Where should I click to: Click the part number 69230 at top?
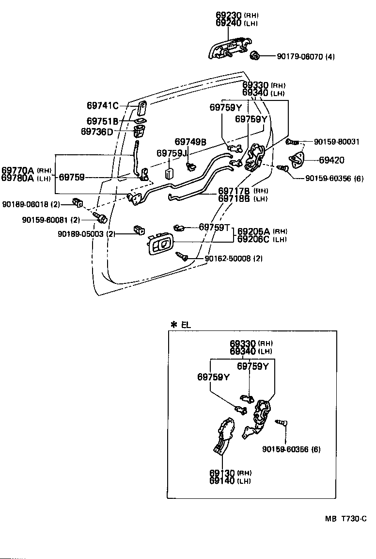(x=228, y=16)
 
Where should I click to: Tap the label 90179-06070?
(x=300, y=57)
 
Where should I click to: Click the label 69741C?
(x=103, y=105)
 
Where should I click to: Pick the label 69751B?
(x=103, y=121)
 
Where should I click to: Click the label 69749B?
(x=190, y=142)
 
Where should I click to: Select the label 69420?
(x=332, y=161)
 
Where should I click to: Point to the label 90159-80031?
(x=337, y=142)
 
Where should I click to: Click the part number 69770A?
(x=17, y=170)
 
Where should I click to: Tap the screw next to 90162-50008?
(x=183, y=255)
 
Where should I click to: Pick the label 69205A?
(x=254, y=231)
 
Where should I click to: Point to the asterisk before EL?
(x=173, y=325)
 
